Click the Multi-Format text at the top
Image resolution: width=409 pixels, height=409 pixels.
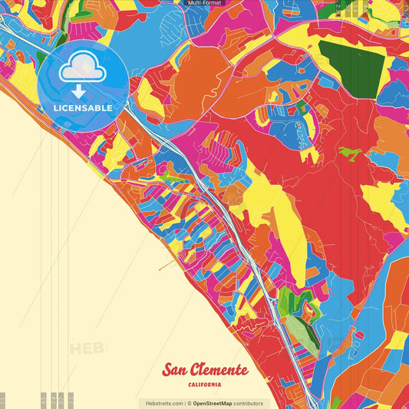pyautogui.click(x=204, y=3)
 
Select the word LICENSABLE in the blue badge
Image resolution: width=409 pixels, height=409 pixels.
pyautogui.click(x=83, y=108)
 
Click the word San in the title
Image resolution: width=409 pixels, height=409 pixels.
pyautogui.click(x=176, y=370)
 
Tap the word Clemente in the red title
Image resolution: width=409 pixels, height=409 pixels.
pyautogui.click(x=219, y=370)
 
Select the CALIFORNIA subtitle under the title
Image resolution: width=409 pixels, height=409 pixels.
pyautogui.click(x=204, y=384)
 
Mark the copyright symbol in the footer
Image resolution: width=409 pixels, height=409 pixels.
pyautogui.click(x=189, y=403)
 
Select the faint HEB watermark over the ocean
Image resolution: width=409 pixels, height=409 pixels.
pyautogui.click(x=88, y=349)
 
